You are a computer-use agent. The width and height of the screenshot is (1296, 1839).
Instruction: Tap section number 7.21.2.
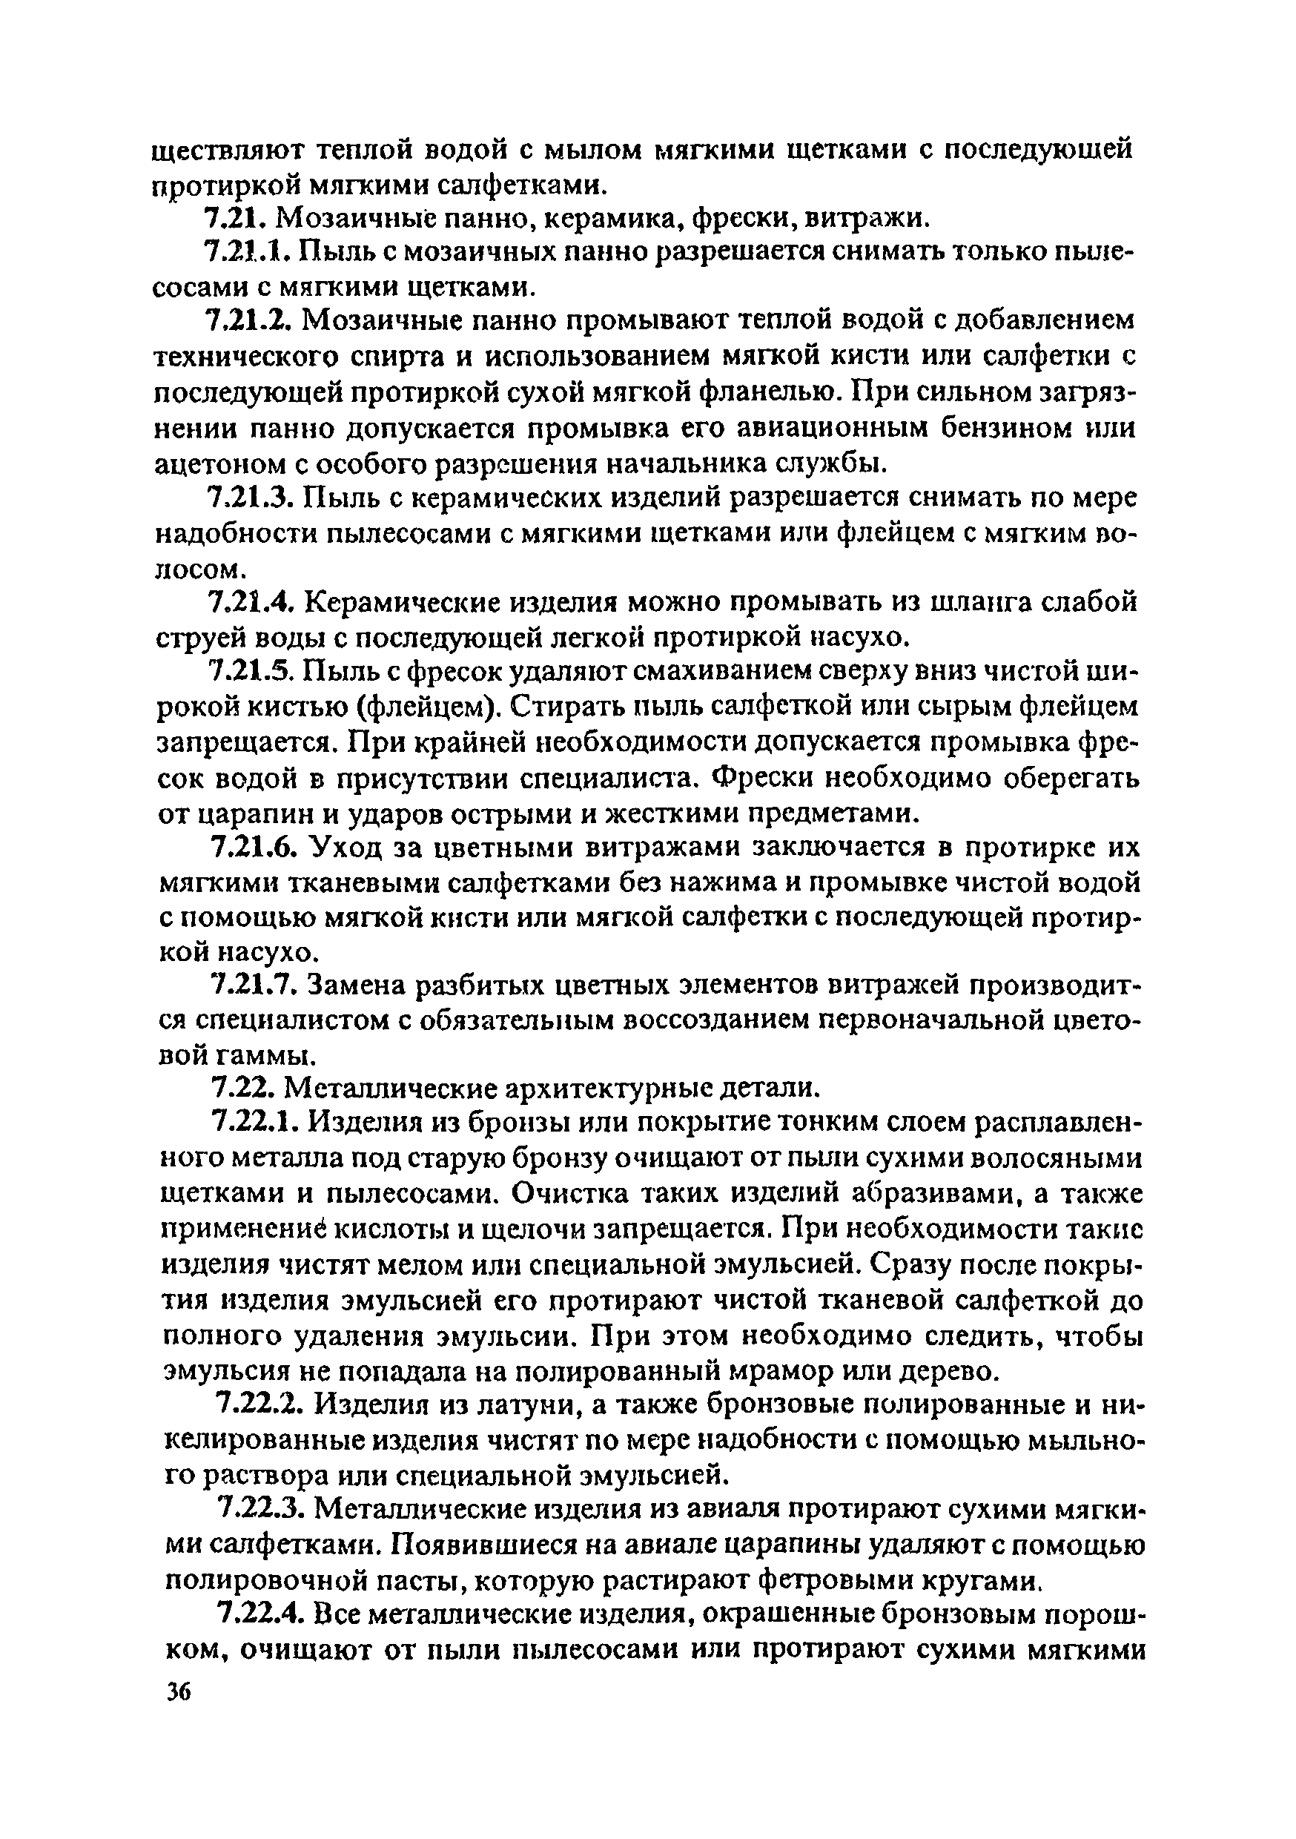(251, 320)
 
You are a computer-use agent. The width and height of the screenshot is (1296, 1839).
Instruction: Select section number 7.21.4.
(252, 601)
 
